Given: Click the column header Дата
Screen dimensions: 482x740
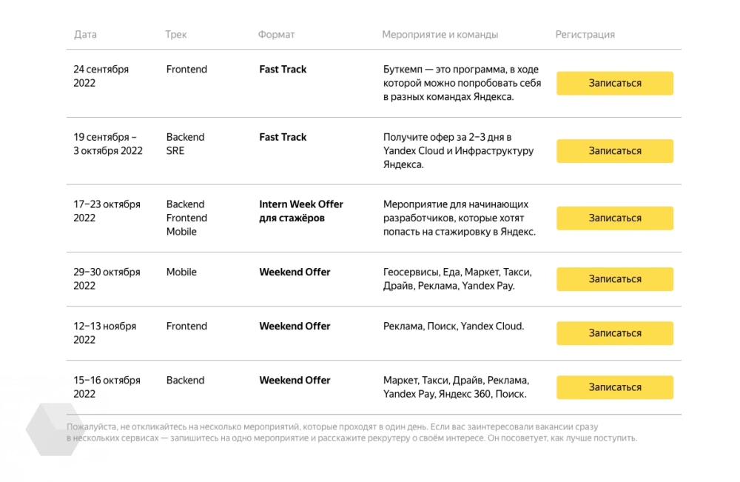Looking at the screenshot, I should (x=85, y=35).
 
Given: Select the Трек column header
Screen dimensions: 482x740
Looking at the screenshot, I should (x=175, y=35).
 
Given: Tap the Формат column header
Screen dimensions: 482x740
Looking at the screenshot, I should (x=276, y=35).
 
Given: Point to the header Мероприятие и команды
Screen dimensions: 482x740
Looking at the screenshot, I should (x=440, y=35).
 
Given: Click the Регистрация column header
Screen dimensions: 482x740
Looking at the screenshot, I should (x=585, y=35).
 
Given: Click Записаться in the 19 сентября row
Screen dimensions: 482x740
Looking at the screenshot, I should (x=614, y=151).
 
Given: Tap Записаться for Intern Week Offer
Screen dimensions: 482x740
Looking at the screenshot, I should (x=614, y=218).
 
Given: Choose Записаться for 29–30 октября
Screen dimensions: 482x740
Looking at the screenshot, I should (x=614, y=279).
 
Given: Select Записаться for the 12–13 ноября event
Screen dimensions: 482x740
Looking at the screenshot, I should (x=614, y=333).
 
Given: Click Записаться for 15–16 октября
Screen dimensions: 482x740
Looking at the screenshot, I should (x=614, y=387).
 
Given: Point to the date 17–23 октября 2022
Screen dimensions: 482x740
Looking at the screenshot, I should (x=106, y=211).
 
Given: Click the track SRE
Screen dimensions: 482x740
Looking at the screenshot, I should (x=175, y=151).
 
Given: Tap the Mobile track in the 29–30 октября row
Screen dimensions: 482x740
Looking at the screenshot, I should (x=181, y=272).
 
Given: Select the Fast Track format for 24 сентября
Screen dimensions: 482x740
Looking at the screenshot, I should (x=283, y=70).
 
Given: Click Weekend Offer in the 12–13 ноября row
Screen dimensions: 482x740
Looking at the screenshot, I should (x=295, y=327).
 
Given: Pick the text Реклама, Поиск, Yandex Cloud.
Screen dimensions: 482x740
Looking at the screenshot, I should (x=453, y=327).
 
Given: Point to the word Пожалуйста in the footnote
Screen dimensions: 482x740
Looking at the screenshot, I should (x=91, y=427).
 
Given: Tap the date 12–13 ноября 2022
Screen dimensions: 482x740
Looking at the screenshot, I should (x=104, y=333).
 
